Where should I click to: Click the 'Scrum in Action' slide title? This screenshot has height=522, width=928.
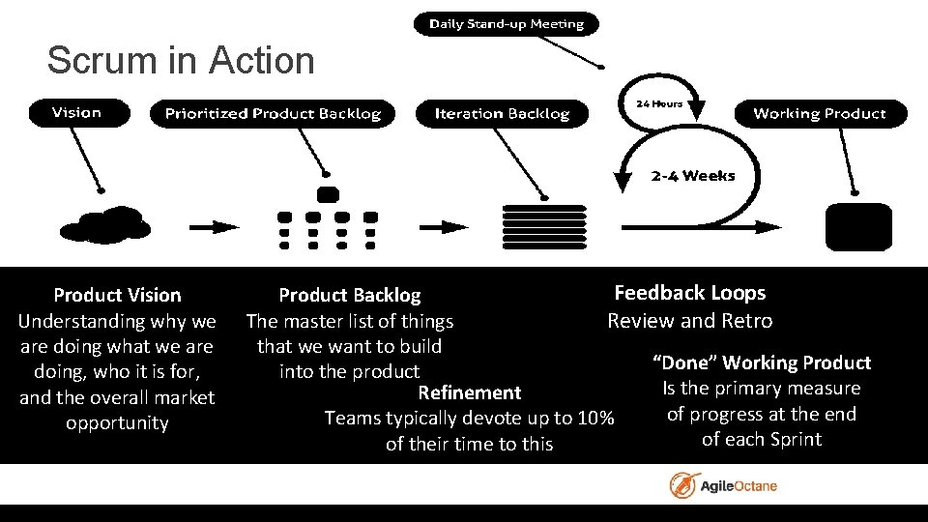pos(181,60)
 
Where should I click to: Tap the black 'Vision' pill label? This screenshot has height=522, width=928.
pos(77,112)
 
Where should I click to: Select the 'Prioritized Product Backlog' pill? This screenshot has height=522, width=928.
pos(273,114)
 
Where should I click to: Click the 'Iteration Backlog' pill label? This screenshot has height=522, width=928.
pos(502,114)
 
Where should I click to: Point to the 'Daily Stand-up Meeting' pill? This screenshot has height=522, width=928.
pos(506,23)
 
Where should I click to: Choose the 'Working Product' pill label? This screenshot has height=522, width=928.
pos(820,114)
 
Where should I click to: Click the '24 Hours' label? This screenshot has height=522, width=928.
pos(659,103)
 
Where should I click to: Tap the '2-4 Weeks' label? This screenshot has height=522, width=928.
pos(692,176)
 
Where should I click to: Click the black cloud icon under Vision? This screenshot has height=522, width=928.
pos(105,226)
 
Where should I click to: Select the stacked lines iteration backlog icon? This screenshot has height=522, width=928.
pos(544,227)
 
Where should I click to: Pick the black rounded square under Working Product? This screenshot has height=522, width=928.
pos(858,227)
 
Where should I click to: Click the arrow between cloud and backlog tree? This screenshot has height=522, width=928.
pos(213,227)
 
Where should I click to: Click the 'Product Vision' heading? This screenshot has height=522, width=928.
pos(117,295)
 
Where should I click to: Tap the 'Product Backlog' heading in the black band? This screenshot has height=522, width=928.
pos(350,295)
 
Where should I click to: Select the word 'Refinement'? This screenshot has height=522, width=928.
pos(469,392)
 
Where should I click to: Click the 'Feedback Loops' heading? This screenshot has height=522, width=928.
pos(689,293)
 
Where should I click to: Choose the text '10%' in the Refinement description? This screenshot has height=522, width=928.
pos(594,419)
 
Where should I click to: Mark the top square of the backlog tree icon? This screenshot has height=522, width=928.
pos(327,192)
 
